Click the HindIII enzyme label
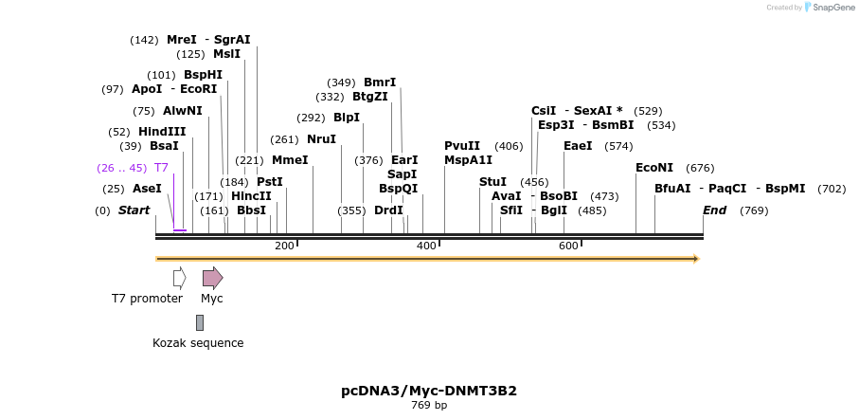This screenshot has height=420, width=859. tap(162, 132)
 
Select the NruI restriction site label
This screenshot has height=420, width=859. tap(321, 139)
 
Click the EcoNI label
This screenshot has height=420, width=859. tap(654, 168)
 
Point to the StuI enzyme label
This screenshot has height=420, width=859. tap(492, 182)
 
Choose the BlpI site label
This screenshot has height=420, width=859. tap(347, 118)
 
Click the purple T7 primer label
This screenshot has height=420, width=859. tap(161, 168)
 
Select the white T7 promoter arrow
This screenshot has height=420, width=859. tap(179, 278)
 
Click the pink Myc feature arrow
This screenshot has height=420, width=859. tap(212, 278)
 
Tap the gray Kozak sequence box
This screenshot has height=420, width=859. tap(200, 322)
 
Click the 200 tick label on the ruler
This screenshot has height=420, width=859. tap(284, 247)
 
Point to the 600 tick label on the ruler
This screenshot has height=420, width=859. tap(568, 247)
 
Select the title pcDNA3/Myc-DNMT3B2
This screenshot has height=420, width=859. tap(429, 391)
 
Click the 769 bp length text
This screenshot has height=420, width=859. tap(429, 406)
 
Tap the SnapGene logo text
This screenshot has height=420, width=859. tap(831, 8)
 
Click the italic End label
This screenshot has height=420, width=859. tap(714, 210)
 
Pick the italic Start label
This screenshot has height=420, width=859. tap(134, 210)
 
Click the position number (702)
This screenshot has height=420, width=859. tap(832, 189)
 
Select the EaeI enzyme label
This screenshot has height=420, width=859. tap(578, 146)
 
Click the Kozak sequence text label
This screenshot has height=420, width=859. tap(198, 343)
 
